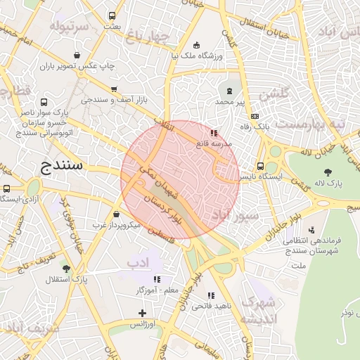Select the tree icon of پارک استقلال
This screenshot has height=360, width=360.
[66, 268]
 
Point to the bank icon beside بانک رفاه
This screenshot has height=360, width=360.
[255, 117]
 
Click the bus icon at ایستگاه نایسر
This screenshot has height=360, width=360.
[261, 167]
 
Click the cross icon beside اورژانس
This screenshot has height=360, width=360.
[143, 313]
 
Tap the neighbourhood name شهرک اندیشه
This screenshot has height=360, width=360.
[258, 309]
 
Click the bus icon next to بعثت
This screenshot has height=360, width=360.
[112, 15]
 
